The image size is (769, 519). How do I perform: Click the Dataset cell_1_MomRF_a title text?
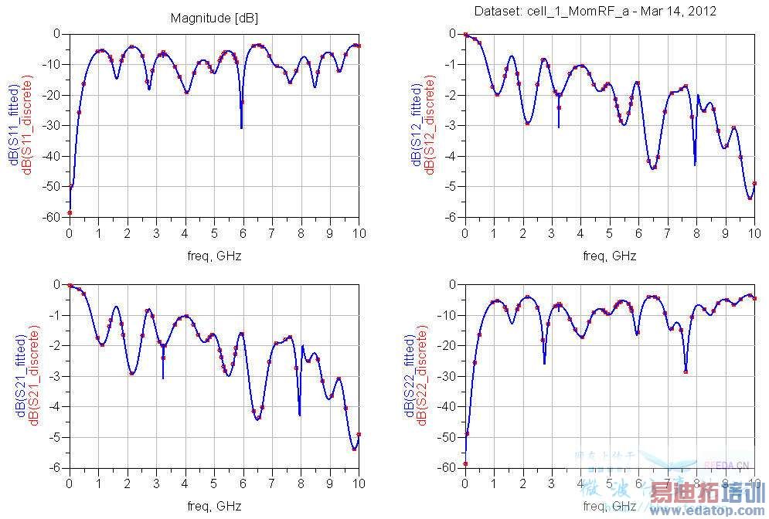tap(594, 11)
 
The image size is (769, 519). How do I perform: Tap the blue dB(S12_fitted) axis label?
tap(417, 125)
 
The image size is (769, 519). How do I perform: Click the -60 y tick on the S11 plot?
tap(55, 217)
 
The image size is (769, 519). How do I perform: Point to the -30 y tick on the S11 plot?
tap(55, 125)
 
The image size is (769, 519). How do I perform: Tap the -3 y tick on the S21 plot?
tap(57, 376)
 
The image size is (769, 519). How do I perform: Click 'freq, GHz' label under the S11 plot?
tap(214, 255)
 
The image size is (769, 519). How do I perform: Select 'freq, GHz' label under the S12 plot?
tap(610, 255)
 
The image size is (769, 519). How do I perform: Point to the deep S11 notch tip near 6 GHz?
tap(241, 127)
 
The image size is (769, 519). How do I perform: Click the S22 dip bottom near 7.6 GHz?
tap(686, 371)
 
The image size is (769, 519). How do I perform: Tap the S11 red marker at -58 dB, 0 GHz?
tap(70, 212)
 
